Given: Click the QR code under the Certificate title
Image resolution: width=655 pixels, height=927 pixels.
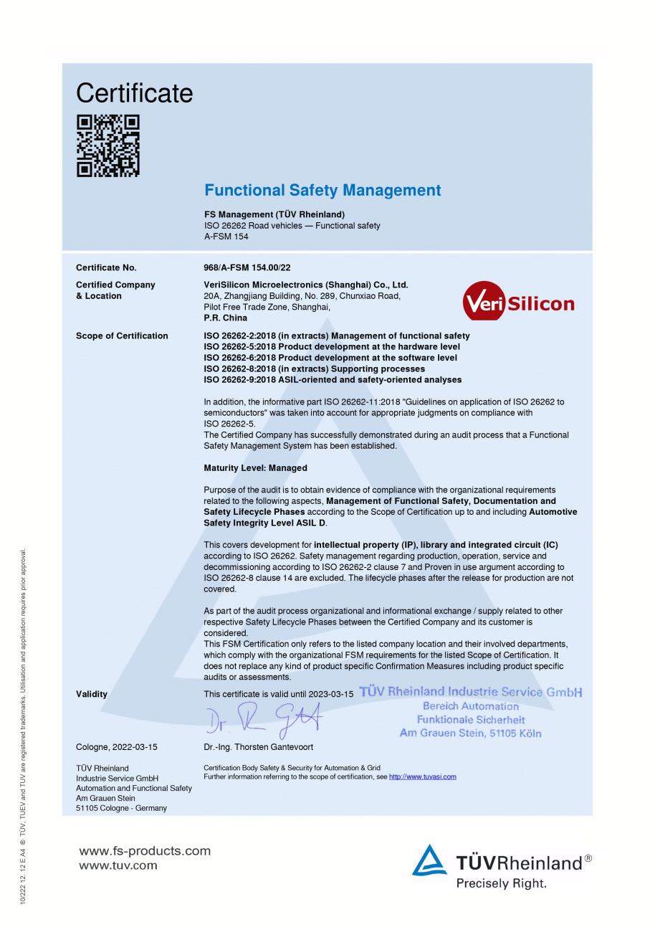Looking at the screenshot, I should [108, 146].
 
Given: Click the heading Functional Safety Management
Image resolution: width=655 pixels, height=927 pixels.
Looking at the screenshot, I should [322, 190].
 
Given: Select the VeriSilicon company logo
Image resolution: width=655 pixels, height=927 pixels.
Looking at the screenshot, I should [520, 303].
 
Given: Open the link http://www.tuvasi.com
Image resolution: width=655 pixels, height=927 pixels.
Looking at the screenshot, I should [422, 776].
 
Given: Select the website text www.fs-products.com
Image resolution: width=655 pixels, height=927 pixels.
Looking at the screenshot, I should [145, 851].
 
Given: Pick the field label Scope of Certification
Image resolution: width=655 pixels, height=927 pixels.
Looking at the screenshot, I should [122, 336].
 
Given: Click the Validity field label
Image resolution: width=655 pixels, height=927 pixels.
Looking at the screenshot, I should [92, 694].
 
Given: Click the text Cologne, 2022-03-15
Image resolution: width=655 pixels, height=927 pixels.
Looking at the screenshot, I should [117, 746].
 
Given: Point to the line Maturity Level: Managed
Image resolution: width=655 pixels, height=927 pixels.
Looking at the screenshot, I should [255, 468].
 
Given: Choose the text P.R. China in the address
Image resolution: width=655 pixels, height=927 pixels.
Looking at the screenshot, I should [226, 318].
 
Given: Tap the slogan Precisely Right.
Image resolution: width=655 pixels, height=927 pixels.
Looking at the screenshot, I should [501, 883].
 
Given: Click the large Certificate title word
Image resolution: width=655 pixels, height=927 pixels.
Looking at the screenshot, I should [134, 93].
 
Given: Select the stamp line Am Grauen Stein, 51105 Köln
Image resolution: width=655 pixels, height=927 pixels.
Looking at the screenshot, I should [470, 733].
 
